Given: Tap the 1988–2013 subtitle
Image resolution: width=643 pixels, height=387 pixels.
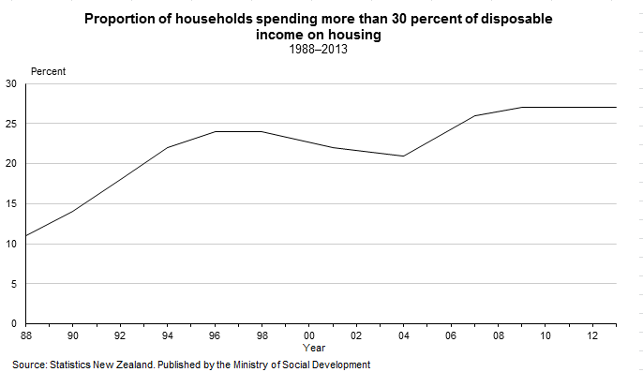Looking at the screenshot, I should coord(321,49).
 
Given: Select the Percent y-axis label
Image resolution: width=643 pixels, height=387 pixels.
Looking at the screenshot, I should coord(49,71).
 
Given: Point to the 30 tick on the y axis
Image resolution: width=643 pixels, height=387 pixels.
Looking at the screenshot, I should coord(11,83).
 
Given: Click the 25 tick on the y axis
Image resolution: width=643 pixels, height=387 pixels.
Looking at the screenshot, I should coord(11,124).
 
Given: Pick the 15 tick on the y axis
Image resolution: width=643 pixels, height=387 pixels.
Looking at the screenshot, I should coord(11,203).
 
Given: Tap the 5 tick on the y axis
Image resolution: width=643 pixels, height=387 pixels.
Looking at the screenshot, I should coord(14,283).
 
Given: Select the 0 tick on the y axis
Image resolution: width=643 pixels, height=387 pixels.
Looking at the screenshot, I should coord(14,323).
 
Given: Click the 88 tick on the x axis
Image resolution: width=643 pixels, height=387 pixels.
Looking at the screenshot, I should coord(25,335).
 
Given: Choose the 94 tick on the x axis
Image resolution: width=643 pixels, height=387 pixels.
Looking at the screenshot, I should coord(167,335).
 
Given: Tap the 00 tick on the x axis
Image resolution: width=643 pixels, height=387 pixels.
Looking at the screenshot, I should coord(308,335).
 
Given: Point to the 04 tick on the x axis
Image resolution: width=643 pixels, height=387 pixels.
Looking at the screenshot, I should coord(403,335).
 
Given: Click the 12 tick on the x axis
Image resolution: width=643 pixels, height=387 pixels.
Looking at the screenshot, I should coord(591,335).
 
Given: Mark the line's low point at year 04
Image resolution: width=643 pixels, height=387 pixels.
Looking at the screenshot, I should coord(403,156).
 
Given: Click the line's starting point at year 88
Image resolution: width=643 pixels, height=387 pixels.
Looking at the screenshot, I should coord(25,235).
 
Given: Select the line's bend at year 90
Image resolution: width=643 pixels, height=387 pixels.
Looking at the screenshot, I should coord(72,211).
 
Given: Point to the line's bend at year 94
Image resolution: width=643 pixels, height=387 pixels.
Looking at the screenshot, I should coord(167,147).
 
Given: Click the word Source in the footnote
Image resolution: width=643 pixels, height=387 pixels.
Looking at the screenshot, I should coord(31,365).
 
